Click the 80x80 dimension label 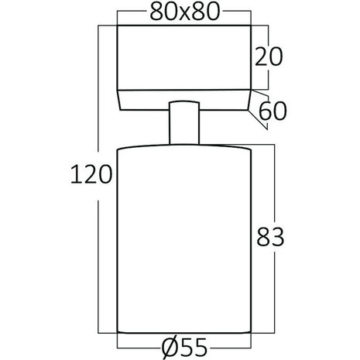[182, 12]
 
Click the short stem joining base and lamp [183, 123]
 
